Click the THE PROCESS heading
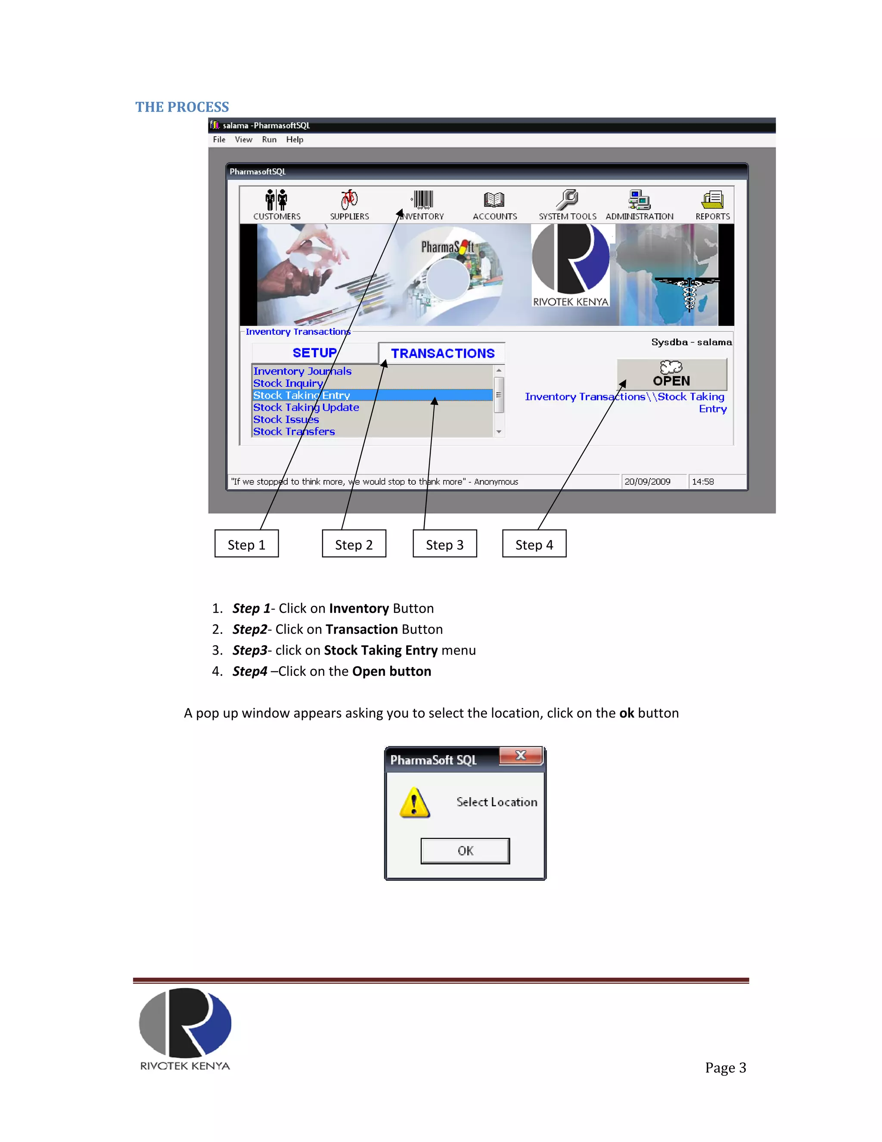click(182, 107)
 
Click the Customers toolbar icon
click(276, 200)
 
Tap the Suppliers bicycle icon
click(349, 200)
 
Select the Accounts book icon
click(494, 200)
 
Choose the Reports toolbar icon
click(712, 200)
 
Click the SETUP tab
click(314, 353)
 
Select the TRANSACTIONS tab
click(443, 353)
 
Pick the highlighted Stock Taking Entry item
click(302, 395)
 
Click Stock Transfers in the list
click(294, 431)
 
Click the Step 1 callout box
click(247, 544)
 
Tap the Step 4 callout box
click(534, 544)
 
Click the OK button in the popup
click(465, 851)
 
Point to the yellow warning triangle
click(414, 803)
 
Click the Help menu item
click(295, 140)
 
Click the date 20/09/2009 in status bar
click(647, 482)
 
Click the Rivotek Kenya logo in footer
click(185, 1028)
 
